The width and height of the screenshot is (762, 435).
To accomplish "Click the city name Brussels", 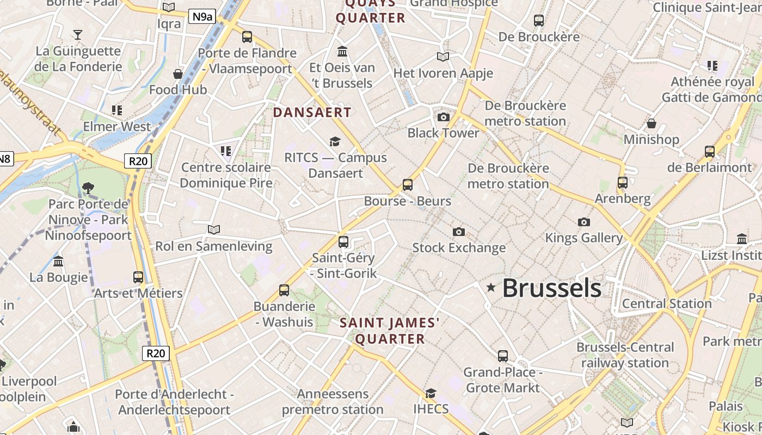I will pyautogui.click(x=551, y=288).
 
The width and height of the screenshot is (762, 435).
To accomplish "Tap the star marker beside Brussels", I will pyautogui.click(x=491, y=287).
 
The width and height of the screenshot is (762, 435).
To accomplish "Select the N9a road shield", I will pyautogui.click(x=202, y=17).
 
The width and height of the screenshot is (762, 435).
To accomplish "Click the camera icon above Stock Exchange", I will pyautogui.click(x=459, y=232).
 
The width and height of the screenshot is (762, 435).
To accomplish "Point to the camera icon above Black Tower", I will pyautogui.click(x=444, y=117).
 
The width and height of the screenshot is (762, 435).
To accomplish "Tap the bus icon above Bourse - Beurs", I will pyautogui.click(x=408, y=185).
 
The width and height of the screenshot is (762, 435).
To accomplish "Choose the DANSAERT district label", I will pyautogui.click(x=312, y=113).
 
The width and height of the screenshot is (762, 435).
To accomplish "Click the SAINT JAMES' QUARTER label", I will pyautogui.click(x=389, y=331).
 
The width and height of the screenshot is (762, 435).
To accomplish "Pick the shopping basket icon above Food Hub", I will pyautogui.click(x=178, y=74).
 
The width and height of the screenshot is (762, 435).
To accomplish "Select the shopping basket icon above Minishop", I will pyautogui.click(x=651, y=123).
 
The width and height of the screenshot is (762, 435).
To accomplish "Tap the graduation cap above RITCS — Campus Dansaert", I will pyautogui.click(x=335, y=142).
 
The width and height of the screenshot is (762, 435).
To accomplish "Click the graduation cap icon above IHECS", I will pyautogui.click(x=431, y=393).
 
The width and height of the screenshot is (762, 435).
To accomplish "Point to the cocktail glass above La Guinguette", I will pyautogui.click(x=78, y=35).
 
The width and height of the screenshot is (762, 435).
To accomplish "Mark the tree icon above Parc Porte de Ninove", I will pyautogui.click(x=88, y=188).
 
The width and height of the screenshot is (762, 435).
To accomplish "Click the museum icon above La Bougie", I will pyautogui.click(x=58, y=262).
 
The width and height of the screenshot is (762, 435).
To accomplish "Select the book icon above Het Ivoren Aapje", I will pyautogui.click(x=443, y=57).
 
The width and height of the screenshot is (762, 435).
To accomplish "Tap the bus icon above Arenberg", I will pyautogui.click(x=623, y=183).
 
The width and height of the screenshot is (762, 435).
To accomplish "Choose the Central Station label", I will pyautogui.click(x=667, y=303).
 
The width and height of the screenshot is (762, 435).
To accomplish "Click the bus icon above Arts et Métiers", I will pyautogui.click(x=138, y=277).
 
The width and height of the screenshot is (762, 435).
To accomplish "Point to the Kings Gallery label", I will pyautogui.click(x=584, y=238).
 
